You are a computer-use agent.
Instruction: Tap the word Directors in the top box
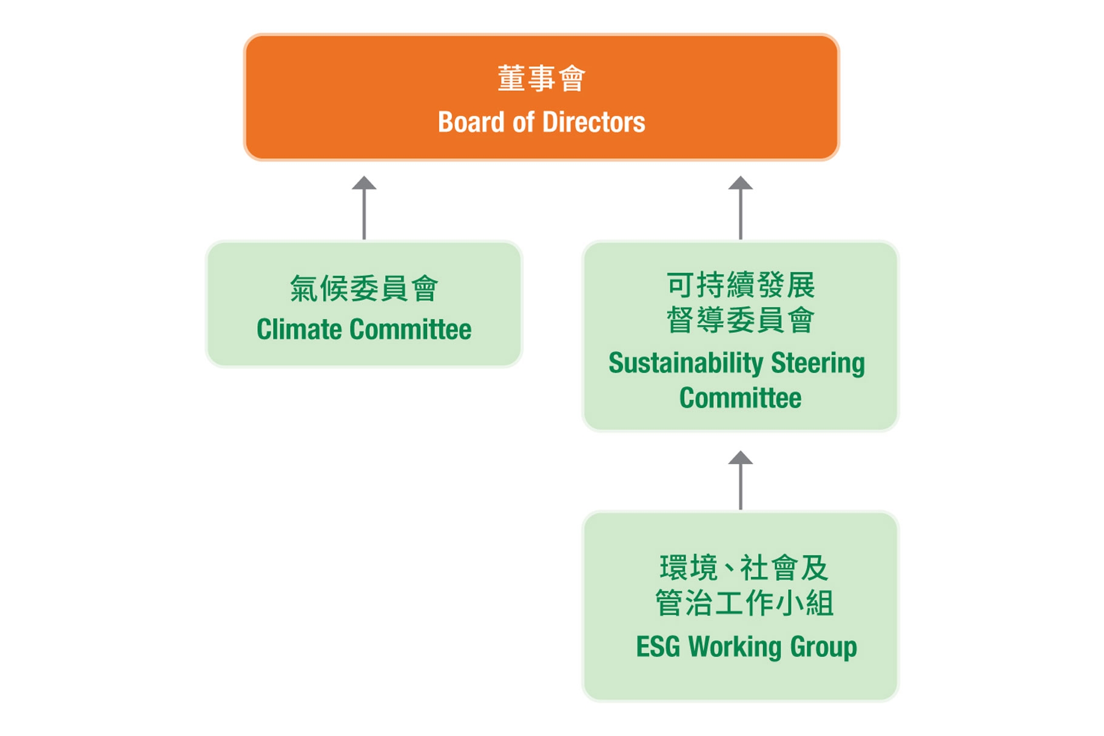pyautogui.click(x=593, y=122)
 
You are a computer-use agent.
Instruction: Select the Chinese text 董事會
pyautogui.click(x=541, y=79)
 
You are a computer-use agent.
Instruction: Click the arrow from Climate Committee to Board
pyautogui.click(x=364, y=208)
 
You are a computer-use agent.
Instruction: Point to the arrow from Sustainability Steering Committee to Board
pyautogui.click(x=740, y=208)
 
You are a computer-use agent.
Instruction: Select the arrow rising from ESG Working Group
pyautogui.click(x=740, y=480)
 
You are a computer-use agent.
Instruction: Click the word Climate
pyautogui.click(x=301, y=329)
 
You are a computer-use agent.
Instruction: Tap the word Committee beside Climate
pyautogui.click(x=411, y=329)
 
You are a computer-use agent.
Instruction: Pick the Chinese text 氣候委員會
pyautogui.click(x=364, y=288)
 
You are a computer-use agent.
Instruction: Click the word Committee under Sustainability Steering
pyautogui.click(x=740, y=398)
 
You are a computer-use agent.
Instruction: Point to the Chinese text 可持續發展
pyautogui.click(x=740, y=285)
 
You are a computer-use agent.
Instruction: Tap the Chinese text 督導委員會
pyautogui.click(x=740, y=320)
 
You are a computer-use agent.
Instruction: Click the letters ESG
pyautogui.click(x=658, y=646)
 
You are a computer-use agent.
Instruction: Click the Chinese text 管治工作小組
pyautogui.click(x=744, y=603)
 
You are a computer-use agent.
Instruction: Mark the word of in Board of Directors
pyautogui.click(x=523, y=122)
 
